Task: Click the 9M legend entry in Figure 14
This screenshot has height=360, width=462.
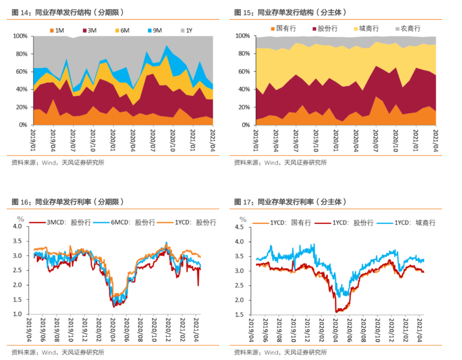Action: pos(154,30)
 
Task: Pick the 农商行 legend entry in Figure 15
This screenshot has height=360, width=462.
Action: pos(408,29)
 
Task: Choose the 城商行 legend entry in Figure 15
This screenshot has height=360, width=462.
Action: pos(365,29)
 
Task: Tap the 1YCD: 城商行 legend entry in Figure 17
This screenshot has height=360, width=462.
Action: pos(409,223)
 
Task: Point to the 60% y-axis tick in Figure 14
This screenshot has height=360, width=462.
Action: pos(21,72)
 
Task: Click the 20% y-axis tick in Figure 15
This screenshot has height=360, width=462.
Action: pos(243,107)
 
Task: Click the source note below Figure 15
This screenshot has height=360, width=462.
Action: pos(280,162)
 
